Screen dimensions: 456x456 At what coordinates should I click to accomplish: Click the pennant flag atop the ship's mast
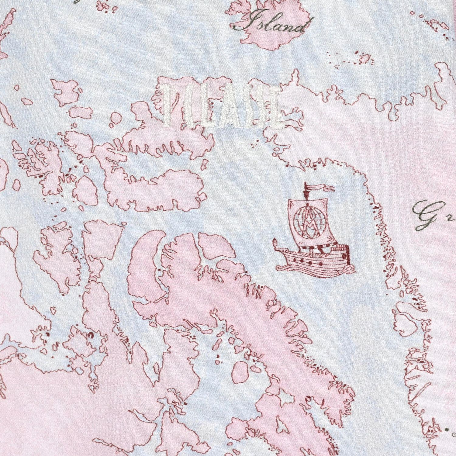[319, 188]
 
